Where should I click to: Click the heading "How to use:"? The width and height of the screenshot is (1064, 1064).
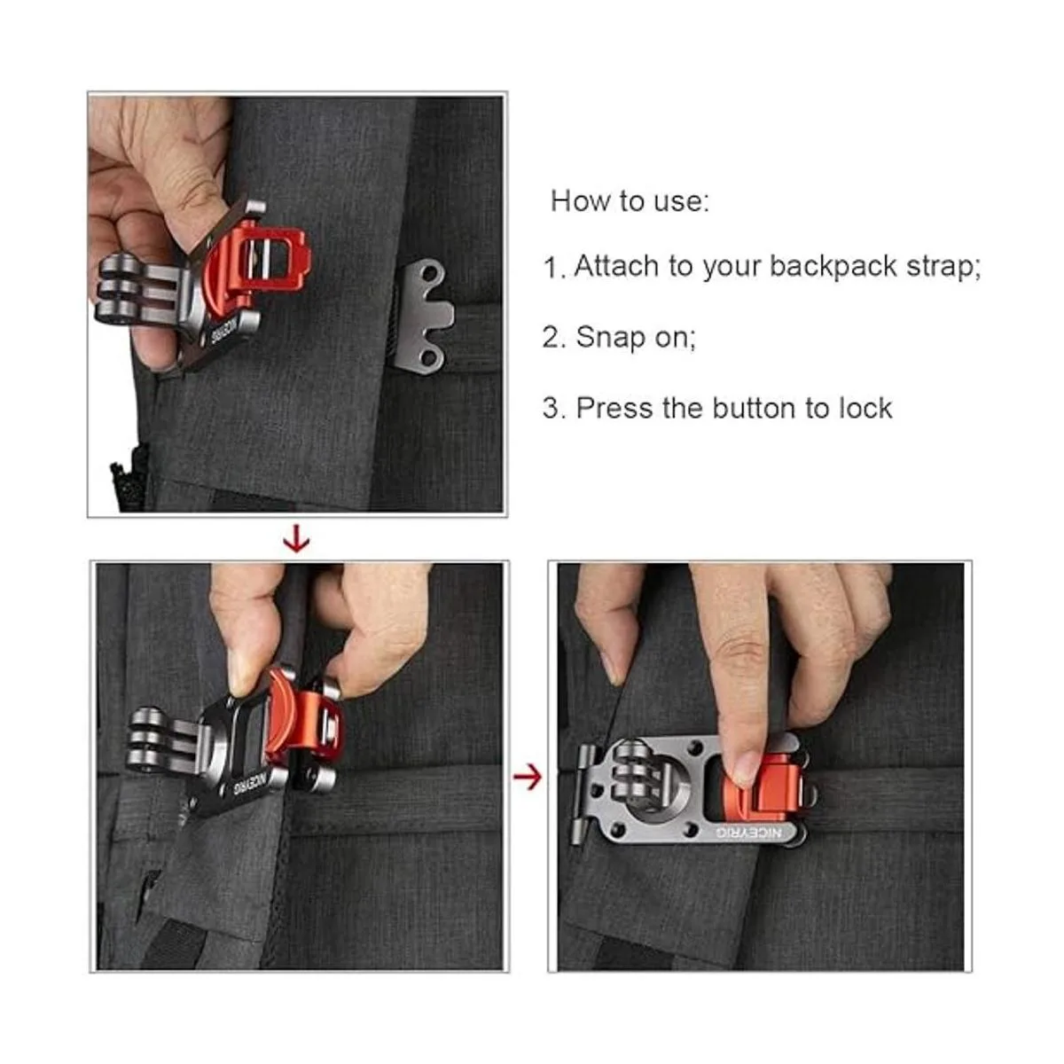[630, 201]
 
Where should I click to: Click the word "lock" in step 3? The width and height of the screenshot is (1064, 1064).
[864, 408]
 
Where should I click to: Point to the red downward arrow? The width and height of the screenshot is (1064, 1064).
[296, 539]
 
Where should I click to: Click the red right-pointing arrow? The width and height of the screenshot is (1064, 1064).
[528, 778]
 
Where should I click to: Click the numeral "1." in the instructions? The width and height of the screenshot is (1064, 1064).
[553, 268]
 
